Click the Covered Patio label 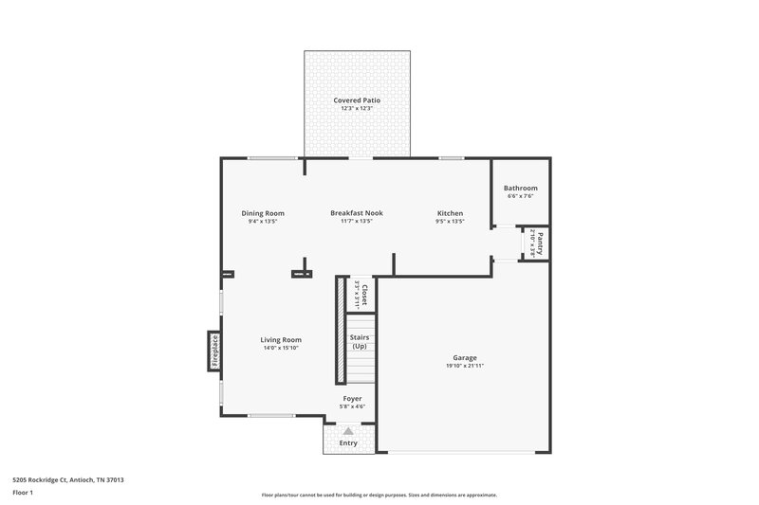(x=357, y=100)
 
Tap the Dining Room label (x=263, y=213)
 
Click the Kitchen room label (x=450, y=213)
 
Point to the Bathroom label (x=520, y=188)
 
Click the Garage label (x=465, y=358)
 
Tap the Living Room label (x=282, y=340)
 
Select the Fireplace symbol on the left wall (x=215, y=351)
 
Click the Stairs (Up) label (x=360, y=341)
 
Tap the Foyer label (x=352, y=399)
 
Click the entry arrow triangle (x=347, y=430)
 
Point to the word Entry (x=348, y=442)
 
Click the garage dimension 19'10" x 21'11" (x=465, y=367)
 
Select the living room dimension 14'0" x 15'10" (x=282, y=349)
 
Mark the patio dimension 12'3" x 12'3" (x=357, y=109)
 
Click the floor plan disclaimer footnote (x=379, y=495)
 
